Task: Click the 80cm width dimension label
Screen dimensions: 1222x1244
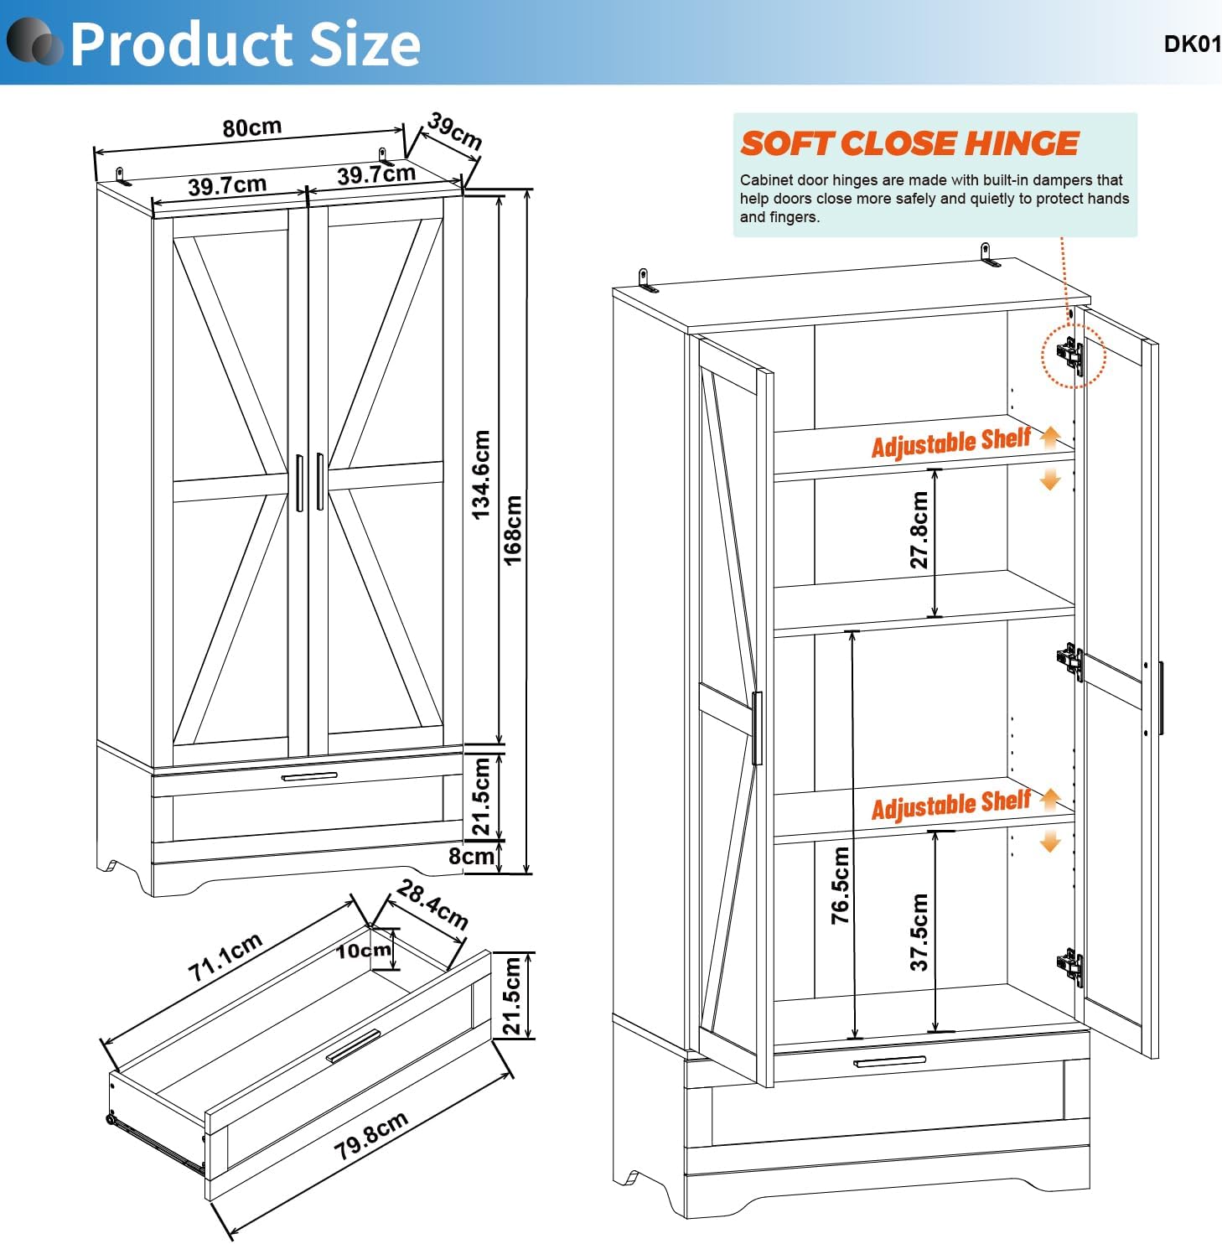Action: [x=252, y=127]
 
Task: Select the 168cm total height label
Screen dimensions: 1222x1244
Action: [x=513, y=530]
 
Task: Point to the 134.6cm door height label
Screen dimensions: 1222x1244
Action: [x=481, y=474]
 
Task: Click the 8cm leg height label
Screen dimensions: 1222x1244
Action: [x=471, y=856]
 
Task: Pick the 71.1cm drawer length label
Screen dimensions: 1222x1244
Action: [x=225, y=956]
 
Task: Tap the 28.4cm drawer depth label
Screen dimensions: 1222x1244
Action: [x=432, y=904]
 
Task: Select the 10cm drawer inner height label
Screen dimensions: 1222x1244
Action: [x=364, y=951]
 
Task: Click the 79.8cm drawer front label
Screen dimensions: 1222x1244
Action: [x=371, y=1135]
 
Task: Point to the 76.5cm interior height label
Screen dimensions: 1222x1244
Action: [x=840, y=885]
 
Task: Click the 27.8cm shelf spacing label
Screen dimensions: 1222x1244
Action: [x=919, y=530]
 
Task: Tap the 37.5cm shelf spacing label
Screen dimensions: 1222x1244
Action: [x=919, y=932]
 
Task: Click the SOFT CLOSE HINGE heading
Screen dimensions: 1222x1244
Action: [x=909, y=143]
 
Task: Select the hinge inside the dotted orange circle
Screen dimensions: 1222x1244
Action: [x=1071, y=355]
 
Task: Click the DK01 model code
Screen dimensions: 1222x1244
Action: [x=1192, y=44]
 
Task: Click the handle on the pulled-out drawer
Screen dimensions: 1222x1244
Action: [x=353, y=1045]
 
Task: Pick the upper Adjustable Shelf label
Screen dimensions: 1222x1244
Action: [x=951, y=442]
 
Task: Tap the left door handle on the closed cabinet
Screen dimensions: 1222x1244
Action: [x=299, y=482]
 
